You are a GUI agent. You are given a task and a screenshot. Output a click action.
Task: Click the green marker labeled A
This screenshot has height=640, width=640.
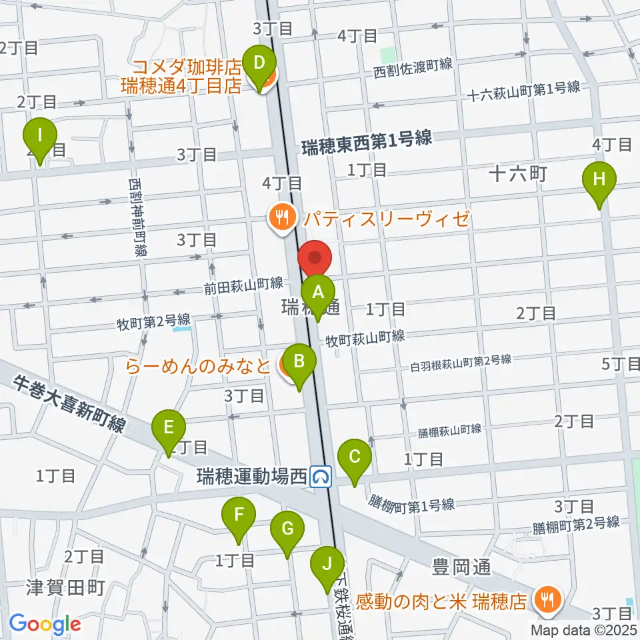(318, 292)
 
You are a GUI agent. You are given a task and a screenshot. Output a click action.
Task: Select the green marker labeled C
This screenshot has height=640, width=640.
(355, 457)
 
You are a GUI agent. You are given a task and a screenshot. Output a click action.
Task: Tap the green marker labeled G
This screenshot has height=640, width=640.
(287, 529)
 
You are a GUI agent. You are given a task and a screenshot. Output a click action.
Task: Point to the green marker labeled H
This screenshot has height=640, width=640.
(599, 179)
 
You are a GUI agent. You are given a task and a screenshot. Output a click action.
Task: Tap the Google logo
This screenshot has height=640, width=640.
(45, 625)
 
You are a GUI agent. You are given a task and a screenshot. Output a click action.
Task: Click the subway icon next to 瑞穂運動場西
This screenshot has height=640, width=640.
(322, 476)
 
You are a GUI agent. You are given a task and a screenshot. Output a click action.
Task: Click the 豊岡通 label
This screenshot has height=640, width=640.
(461, 567)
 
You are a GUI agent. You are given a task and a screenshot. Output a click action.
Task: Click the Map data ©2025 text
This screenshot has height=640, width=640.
(585, 629)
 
